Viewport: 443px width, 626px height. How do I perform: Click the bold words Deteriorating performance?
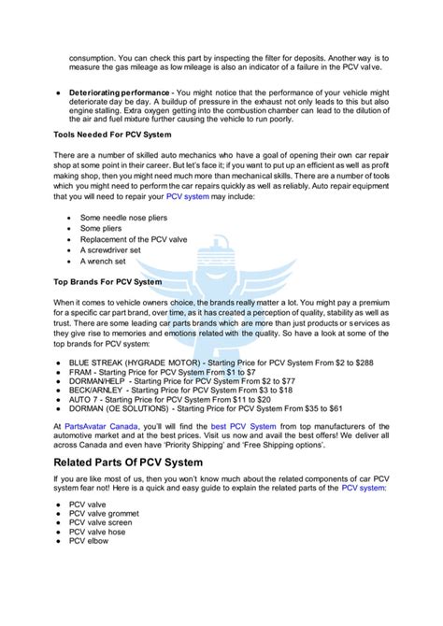pos(122,92)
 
